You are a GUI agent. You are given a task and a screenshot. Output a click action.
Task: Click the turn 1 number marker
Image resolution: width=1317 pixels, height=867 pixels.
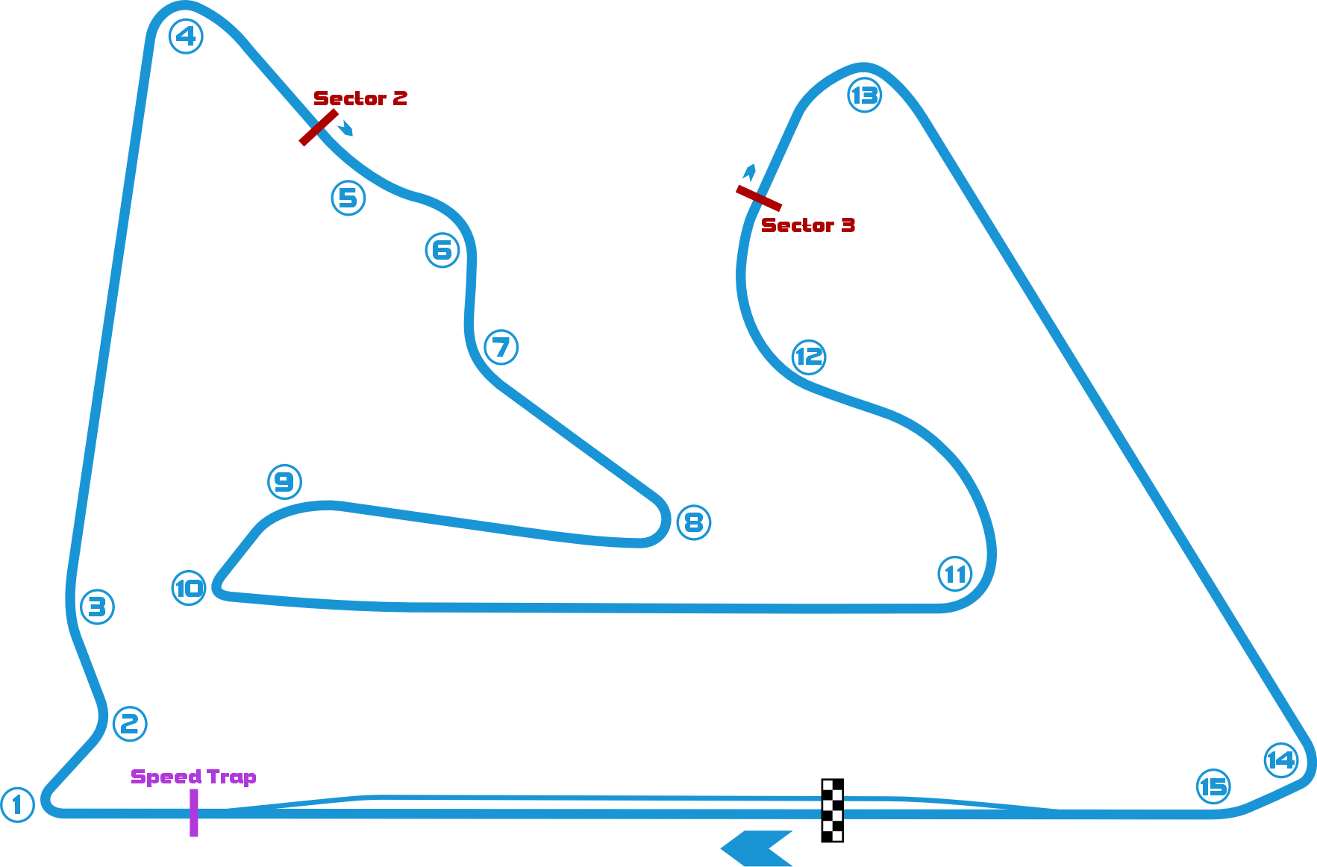[17, 805]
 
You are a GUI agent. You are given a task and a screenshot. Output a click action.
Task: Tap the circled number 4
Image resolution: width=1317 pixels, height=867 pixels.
[186, 36]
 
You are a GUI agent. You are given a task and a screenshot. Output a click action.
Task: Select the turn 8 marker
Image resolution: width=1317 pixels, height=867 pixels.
[693, 522]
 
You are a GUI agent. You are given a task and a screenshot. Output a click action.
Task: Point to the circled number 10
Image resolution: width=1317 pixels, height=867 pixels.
[189, 588]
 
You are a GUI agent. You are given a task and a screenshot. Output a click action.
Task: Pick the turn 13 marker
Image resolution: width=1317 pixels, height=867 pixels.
[865, 96]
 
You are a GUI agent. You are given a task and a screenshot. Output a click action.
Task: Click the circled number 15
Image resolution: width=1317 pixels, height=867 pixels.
[1213, 786]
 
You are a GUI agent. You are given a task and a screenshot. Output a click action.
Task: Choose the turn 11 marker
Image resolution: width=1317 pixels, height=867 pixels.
[955, 574]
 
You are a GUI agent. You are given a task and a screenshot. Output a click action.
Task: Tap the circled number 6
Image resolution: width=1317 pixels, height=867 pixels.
[442, 250]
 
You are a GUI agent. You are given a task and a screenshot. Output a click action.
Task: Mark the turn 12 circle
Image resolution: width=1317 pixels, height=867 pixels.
[809, 357]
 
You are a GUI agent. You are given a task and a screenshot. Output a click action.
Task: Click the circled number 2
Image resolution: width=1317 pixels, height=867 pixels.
[130, 723]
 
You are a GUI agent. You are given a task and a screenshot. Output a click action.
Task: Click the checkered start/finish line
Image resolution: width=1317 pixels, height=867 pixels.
[832, 810]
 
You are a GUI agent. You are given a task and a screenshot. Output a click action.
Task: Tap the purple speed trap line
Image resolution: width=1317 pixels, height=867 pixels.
[194, 813]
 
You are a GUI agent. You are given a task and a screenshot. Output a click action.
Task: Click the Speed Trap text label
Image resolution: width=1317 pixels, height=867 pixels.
[193, 777]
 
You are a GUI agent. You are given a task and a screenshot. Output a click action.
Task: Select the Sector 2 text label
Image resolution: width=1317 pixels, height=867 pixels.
[360, 98]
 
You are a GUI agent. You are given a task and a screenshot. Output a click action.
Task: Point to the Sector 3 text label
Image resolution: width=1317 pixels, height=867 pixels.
[807, 225]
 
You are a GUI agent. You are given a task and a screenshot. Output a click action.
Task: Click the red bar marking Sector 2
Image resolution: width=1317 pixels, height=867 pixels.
[319, 128]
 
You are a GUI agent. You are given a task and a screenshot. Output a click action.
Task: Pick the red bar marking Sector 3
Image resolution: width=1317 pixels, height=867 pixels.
[759, 198]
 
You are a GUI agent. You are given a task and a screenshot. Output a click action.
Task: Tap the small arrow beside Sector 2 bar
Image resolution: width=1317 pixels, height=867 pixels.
[345, 129]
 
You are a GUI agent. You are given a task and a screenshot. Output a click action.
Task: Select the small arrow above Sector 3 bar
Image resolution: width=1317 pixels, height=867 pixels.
[749, 172]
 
